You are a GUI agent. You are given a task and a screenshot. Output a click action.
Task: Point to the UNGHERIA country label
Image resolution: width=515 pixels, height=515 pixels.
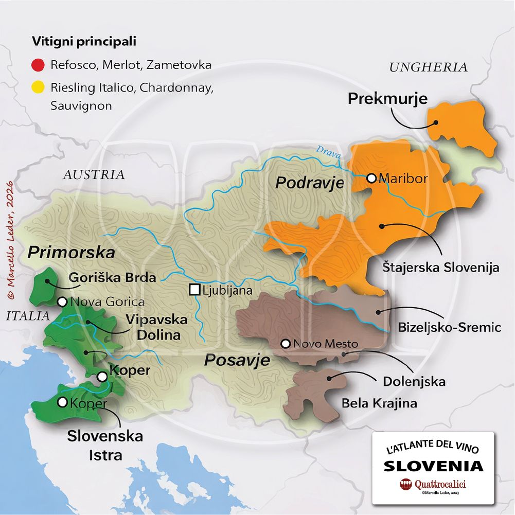pos(428,67)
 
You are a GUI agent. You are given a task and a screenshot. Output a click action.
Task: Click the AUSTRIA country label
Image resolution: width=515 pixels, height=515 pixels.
pos(94,174)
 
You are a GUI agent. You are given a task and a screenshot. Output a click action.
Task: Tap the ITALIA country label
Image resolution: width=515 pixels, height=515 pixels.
pos(28,316)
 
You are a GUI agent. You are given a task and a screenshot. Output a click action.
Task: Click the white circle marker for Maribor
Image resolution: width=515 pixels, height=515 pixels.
pos(371,179)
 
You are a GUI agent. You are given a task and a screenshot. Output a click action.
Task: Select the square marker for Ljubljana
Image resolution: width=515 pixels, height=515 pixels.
pos(194,290)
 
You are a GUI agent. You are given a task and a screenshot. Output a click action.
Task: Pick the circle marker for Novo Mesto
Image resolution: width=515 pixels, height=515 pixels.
pos(285,343)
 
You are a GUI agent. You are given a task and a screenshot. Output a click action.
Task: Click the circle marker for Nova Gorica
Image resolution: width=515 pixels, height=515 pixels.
pos(62,302)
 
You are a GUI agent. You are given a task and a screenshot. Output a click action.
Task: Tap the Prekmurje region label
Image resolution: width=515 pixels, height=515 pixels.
pos(387,98)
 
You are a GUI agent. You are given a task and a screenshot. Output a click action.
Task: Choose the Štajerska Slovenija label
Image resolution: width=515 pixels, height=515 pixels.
pos(441,268)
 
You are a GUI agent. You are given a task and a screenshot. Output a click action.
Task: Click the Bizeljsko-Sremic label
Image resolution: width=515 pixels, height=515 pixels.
pos(449,328)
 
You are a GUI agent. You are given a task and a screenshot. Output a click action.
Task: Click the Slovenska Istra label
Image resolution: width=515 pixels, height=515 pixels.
pos(105,446)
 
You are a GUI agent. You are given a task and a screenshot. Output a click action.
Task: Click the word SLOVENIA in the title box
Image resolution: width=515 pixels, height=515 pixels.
pos(434,466)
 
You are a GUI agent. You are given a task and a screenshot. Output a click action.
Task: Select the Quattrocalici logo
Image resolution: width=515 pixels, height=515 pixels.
pos(434,484)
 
